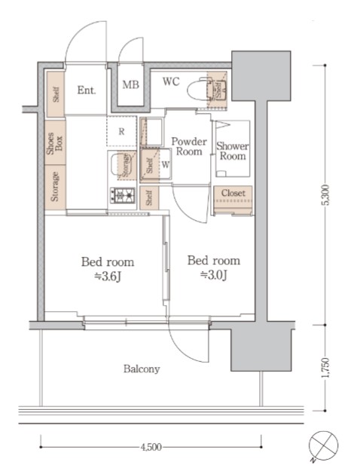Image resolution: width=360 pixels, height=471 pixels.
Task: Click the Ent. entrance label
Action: coord(87,90)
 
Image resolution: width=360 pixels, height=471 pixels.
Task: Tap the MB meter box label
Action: coord(130,84)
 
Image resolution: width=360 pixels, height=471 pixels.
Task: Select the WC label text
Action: coord(171,81)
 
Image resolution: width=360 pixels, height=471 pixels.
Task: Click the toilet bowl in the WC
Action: coord(199,89)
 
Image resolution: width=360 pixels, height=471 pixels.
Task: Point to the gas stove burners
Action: coord(122,195)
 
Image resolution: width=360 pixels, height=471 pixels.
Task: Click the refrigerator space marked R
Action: coord(121,131)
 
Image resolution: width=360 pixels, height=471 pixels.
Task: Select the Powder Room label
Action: coord(189,146)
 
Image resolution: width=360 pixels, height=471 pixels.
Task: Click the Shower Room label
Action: coord(233,151)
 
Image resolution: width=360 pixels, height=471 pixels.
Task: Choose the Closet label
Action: coord(233,193)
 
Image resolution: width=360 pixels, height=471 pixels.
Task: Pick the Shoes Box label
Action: coord(55,143)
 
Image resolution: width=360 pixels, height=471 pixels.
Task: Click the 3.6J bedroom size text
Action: coord(108,277)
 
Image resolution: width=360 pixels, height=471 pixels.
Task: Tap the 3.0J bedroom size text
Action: coord(214,274)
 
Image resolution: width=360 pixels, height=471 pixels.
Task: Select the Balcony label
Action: coord(142,369)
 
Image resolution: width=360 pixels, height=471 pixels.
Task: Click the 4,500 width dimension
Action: coord(151,447)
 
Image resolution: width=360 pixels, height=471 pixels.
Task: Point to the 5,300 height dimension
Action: coord(326,195)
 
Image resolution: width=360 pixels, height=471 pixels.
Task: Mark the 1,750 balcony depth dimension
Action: coord(326,368)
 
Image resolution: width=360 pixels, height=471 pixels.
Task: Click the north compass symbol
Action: coord(323,445)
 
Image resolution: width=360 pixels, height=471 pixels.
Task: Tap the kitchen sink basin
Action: coord(117,164)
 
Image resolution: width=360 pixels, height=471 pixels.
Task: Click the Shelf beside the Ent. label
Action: coord(56,94)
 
